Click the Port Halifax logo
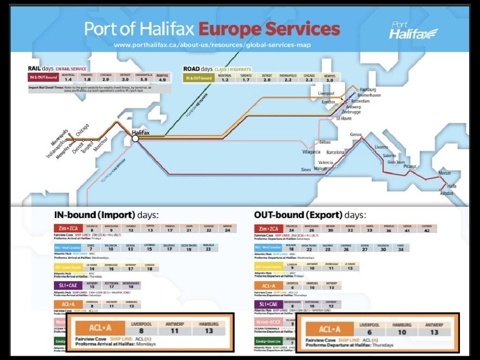(x=413, y=30)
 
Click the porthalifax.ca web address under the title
(x=212, y=45)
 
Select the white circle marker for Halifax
(x=135, y=138)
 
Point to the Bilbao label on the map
(x=324, y=142)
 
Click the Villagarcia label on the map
(x=311, y=152)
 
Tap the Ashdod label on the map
(x=446, y=194)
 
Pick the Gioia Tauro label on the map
(x=396, y=162)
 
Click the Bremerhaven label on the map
(x=369, y=95)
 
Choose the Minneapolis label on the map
(x=60, y=135)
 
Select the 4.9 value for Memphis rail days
(x=163, y=80)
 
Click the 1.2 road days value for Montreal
(x=225, y=80)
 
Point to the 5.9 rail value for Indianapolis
(x=143, y=80)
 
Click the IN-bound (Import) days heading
(x=106, y=215)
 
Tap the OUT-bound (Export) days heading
(x=309, y=215)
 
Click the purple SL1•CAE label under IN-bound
(x=65, y=285)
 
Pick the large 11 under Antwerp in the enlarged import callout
(x=174, y=331)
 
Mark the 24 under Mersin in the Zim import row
(x=228, y=231)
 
